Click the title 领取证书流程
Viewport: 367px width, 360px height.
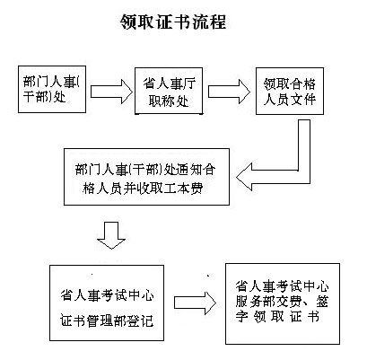click(x=173, y=22)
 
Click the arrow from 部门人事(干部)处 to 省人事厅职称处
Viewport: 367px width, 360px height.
click(x=111, y=92)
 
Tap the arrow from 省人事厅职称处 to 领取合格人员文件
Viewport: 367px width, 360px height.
click(x=229, y=92)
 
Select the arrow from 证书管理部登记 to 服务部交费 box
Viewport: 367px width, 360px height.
click(x=195, y=303)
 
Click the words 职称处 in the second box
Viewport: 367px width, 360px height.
click(x=169, y=101)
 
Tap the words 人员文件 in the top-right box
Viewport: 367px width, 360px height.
click(x=290, y=99)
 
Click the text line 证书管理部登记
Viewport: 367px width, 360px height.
click(x=107, y=320)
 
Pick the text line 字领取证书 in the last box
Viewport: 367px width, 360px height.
click(x=277, y=316)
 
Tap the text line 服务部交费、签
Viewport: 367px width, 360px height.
click(x=282, y=302)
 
